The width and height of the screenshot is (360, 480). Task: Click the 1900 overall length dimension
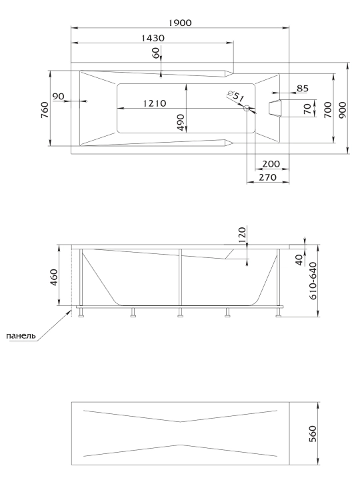[180, 23]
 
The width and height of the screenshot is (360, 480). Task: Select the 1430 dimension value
[153, 38]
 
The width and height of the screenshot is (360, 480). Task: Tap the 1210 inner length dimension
[155, 103]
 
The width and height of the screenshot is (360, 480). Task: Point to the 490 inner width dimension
[181, 123]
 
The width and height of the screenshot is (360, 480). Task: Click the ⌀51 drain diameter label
[236, 95]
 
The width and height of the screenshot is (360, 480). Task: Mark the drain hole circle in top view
[247, 108]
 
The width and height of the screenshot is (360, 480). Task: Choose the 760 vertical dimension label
[45, 110]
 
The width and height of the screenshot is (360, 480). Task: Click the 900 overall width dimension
[343, 110]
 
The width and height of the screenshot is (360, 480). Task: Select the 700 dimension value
[327, 110]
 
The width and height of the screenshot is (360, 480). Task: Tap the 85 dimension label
[303, 89]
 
